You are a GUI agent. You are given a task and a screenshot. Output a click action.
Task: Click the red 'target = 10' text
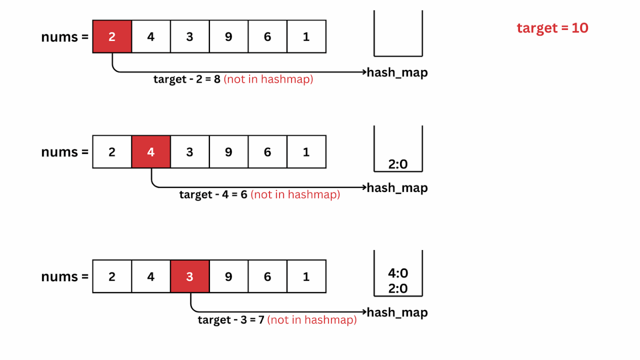(552, 28)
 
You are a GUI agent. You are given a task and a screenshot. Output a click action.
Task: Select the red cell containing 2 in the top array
(112, 37)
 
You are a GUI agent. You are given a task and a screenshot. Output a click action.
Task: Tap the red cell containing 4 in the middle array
(151, 152)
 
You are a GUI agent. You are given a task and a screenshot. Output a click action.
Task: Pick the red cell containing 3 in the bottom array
(190, 277)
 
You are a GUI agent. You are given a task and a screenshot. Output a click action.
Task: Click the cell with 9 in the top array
(228, 37)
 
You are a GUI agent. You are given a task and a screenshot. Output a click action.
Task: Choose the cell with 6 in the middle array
(267, 152)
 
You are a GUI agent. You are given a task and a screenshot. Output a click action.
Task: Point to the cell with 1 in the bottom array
(306, 277)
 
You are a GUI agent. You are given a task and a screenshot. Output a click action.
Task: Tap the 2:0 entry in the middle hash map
(398, 164)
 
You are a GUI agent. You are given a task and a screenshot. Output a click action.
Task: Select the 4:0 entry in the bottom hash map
(398, 273)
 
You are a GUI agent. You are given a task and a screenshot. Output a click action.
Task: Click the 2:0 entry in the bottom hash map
(398, 288)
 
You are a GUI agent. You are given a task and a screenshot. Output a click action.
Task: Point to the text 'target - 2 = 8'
(187, 79)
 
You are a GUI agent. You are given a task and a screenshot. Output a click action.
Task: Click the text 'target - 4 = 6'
(213, 195)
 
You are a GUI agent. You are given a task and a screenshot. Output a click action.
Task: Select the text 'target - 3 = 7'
(231, 320)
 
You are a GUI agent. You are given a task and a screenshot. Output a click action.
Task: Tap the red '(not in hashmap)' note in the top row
(268, 79)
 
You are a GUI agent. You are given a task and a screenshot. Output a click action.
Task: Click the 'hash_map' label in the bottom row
(397, 312)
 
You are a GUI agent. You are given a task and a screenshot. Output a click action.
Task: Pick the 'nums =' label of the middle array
(65, 152)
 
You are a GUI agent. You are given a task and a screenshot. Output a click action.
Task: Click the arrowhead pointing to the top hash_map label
(364, 72)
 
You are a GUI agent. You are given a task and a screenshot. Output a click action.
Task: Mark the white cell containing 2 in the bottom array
(112, 277)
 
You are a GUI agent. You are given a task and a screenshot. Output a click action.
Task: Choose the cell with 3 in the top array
(190, 37)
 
